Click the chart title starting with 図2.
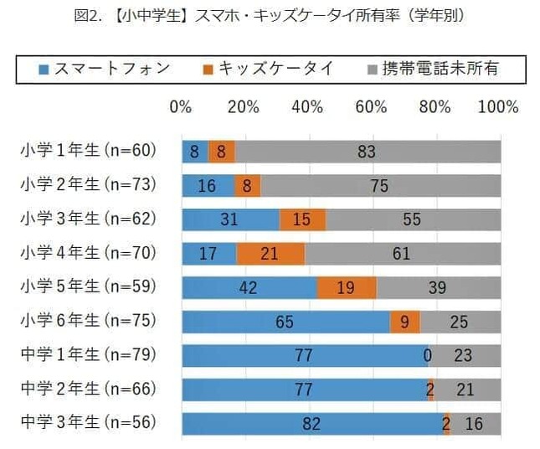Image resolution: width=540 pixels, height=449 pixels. tap(270, 16)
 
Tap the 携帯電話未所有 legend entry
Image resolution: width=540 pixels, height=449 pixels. tap(432, 69)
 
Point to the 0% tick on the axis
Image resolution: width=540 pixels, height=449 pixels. tap(181, 108)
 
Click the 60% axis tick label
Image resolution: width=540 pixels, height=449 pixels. tap(371, 108)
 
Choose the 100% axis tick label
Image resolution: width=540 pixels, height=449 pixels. tap(499, 108)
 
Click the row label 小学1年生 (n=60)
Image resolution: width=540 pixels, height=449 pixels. tap(89, 151)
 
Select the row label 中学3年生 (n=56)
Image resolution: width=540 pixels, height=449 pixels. tap(89, 423)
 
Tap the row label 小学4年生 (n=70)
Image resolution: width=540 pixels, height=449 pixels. tap(89, 253)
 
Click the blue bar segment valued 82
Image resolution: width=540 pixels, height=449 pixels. tap(311, 424)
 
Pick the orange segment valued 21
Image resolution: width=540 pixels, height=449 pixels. tap(270, 253)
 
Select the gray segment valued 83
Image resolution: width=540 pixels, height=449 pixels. tap(368, 152)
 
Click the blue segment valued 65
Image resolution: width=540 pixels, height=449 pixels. tap(285, 322)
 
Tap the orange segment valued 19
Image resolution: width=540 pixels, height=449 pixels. tap(346, 287)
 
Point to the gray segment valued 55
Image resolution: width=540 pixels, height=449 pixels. tap(413, 219)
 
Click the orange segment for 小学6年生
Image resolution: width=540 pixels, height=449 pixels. tap(404, 322)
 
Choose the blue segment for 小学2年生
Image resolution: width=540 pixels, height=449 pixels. tap(208, 185)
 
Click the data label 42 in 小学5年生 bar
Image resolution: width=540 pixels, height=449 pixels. tap(248, 287)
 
